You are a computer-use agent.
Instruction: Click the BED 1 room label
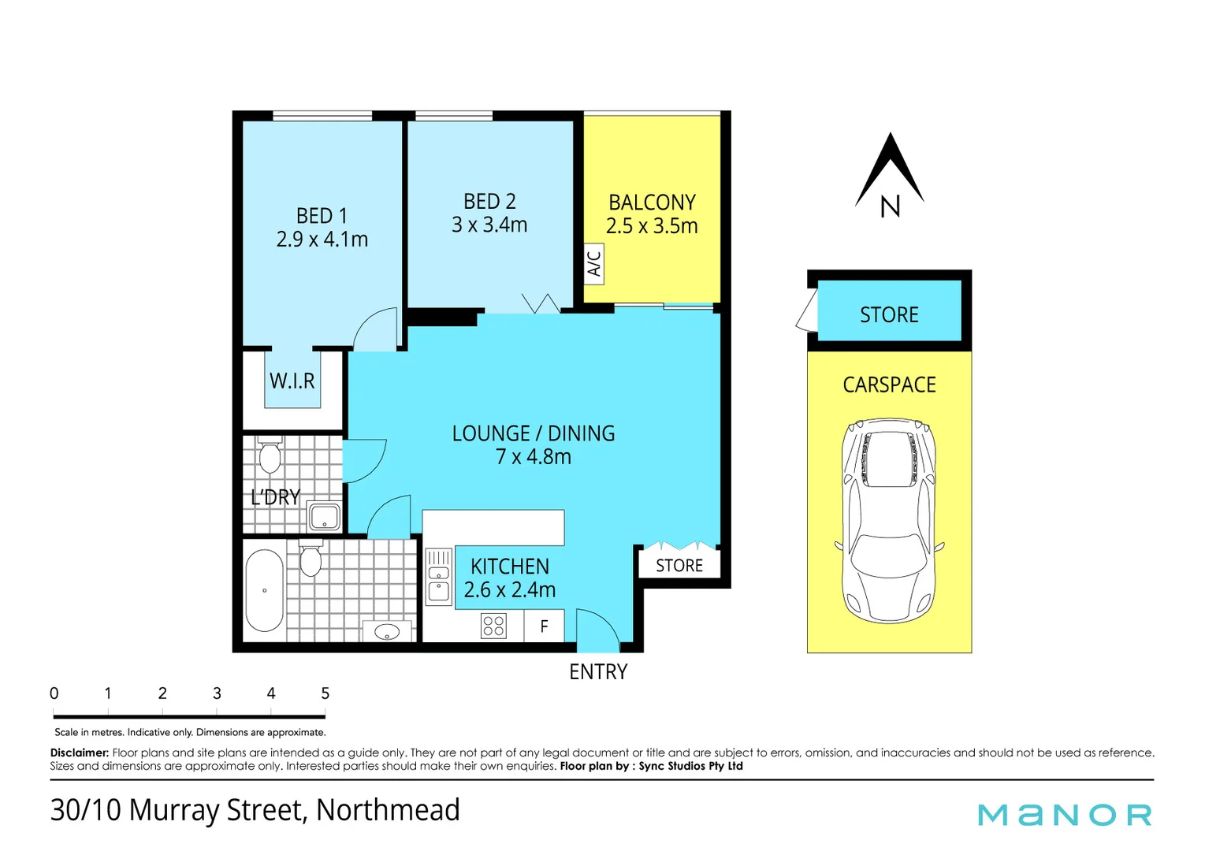coord(322,215)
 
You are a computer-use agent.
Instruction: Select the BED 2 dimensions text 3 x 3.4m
coord(489,225)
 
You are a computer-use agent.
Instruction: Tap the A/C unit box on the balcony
coord(594,264)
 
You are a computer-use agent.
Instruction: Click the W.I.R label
coord(292,381)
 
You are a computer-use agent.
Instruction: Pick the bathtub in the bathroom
coord(264,590)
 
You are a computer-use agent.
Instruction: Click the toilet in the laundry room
coord(270,455)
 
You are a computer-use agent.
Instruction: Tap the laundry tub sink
coord(324,518)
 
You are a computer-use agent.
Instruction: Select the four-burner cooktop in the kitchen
coord(493,626)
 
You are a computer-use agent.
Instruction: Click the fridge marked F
coord(544,627)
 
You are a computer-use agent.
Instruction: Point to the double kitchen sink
coord(438,577)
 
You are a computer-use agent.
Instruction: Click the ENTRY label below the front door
coord(598,672)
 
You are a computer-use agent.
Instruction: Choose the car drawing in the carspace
coord(888,520)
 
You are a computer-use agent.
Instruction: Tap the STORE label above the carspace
coord(889,315)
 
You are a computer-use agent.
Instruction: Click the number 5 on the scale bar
coord(325,693)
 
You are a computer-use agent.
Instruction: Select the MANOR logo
coord(1065,815)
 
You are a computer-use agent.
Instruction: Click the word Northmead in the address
coord(388,810)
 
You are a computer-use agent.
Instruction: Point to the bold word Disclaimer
coord(79,753)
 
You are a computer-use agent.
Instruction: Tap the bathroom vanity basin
coord(387,631)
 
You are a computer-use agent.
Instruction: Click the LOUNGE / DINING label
coord(533,433)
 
